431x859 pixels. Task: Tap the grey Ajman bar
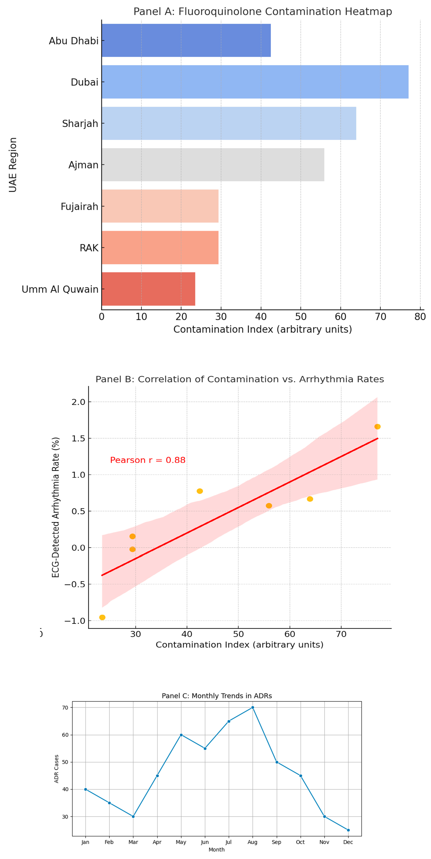click(x=213, y=165)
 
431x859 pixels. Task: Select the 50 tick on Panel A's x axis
click(x=300, y=316)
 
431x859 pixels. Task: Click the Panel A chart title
click(x=262, y=12)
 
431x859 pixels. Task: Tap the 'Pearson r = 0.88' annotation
click(x=148, y=460)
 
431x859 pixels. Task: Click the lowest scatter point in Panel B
click(x=102, y=618)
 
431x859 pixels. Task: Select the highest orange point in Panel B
click(x=377, y=427)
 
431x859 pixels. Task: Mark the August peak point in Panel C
click(x=252, y=707)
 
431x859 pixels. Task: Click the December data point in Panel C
click(x=348, y=830)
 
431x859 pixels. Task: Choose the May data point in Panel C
click(x=181, y=735)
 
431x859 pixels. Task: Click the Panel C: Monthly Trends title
click(x=217, y=696)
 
